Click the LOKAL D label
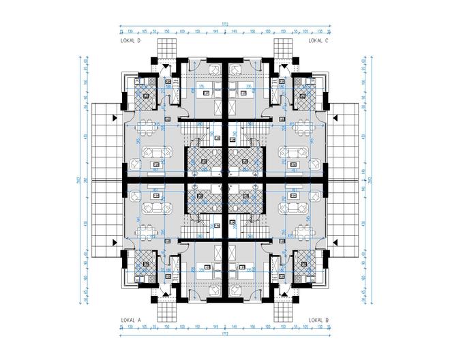pyautogui.click(x=130, y=41)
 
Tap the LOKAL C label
pyautogui.click(x=318, y=41)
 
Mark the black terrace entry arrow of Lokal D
pyautogui.click(x=115, y=117)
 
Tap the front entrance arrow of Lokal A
pyautogui.click(x=166, y=295)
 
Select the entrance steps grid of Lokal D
pyautogui.click(x=166, y=48)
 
